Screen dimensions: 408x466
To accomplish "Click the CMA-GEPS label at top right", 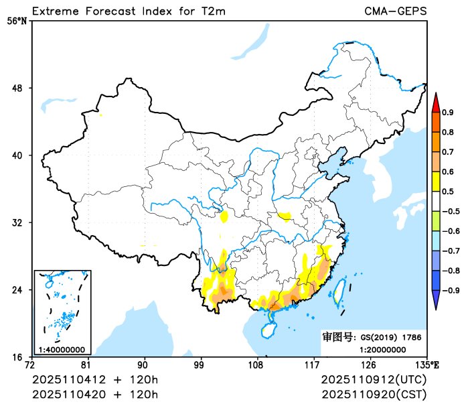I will click(395, 11).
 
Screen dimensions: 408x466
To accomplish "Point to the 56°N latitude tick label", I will click(17, 21).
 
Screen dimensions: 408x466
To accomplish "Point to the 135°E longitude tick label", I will click(426, 365).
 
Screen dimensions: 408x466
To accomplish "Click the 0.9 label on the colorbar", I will click(448, 112).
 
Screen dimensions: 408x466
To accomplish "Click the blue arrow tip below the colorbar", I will click(435, 302).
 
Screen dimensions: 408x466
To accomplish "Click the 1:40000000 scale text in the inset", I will click(62, 349).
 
